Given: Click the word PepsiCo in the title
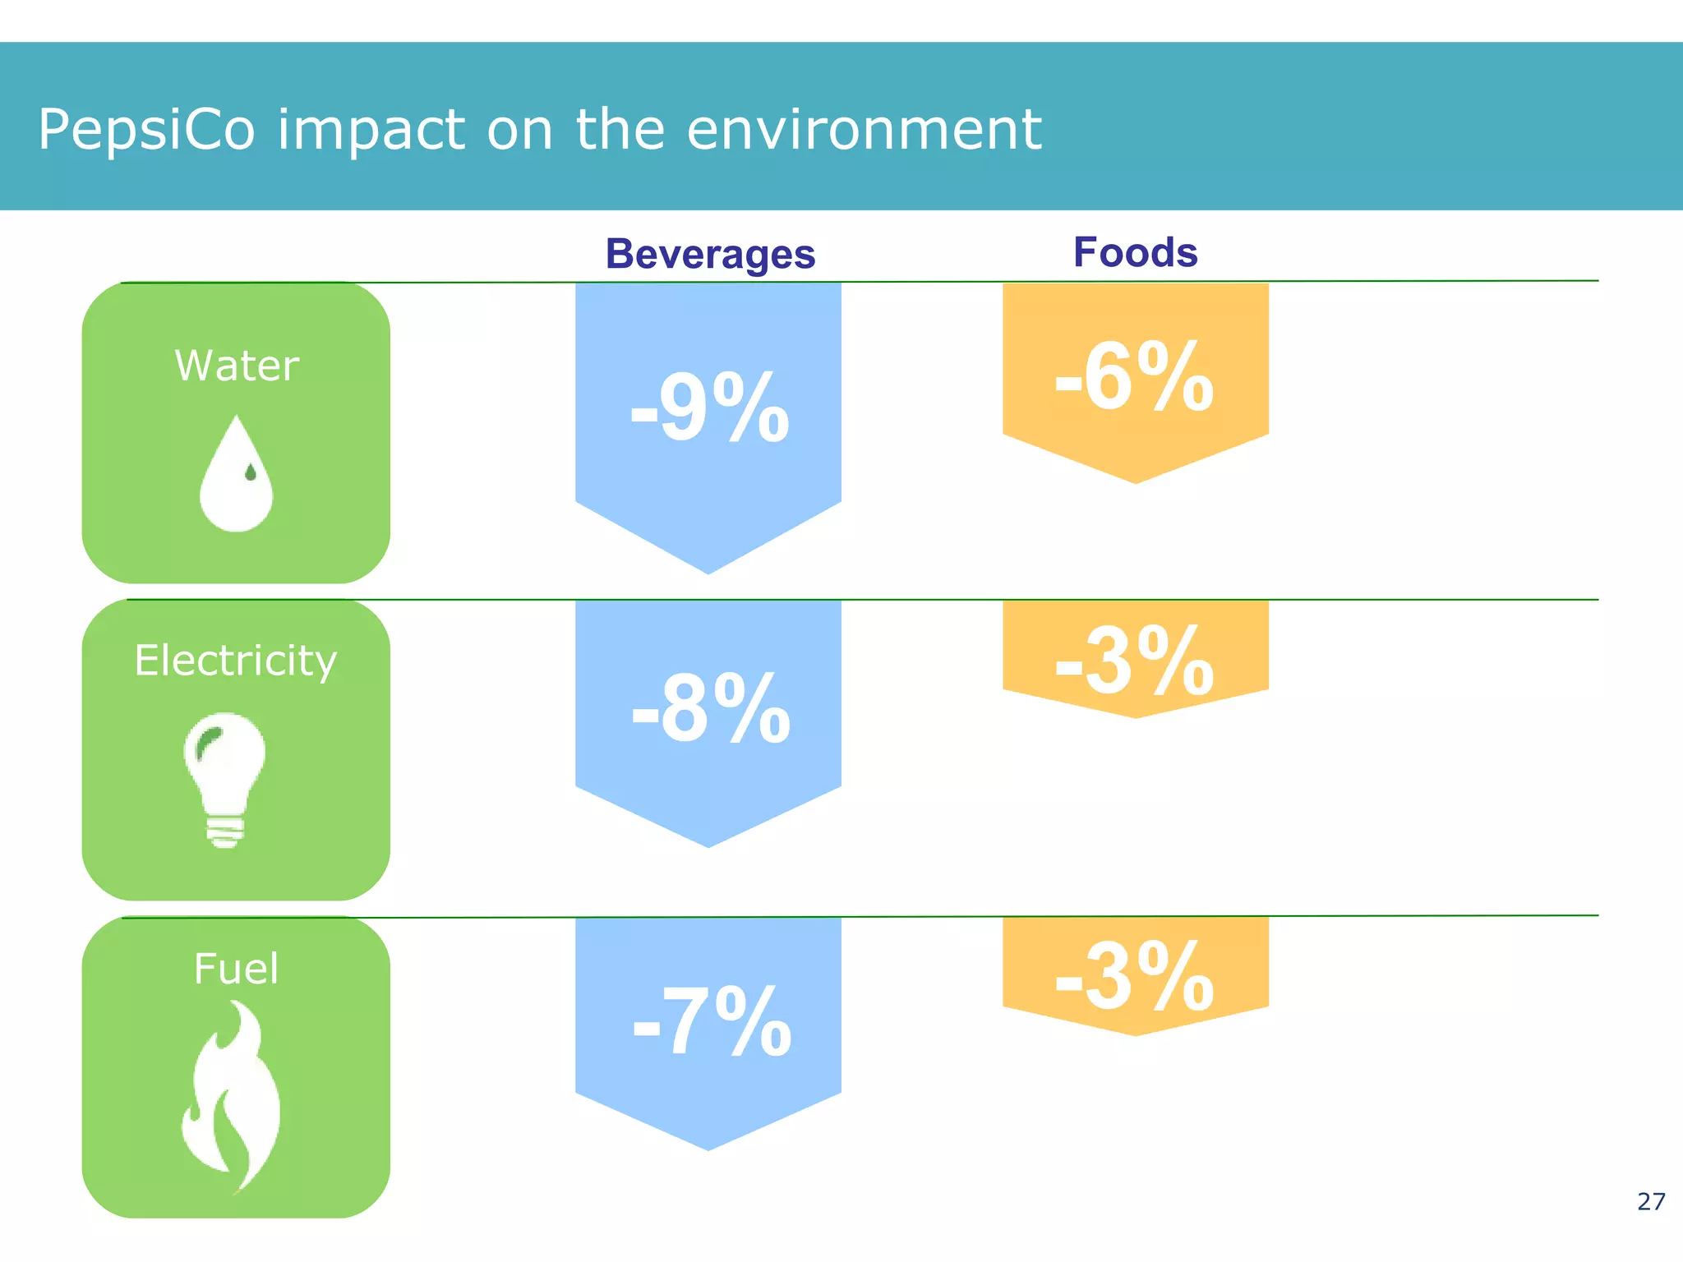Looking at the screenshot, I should (146, 130).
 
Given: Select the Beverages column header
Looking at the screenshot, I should (710, 254).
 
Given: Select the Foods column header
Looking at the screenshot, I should (1135, 252).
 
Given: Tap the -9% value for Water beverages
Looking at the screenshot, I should (709, 408).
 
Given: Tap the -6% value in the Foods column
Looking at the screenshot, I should (1134, 377).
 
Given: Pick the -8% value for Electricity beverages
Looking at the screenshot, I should (710, 709).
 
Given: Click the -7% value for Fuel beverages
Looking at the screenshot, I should (712, 1021).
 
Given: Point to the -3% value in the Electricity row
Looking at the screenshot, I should (1134, 661).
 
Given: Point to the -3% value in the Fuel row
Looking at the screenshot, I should (1134, 977).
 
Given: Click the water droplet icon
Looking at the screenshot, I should (237, 477).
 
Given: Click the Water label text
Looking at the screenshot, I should (237, 366).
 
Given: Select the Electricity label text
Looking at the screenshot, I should (236, 661).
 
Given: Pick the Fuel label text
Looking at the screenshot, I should (236, 969).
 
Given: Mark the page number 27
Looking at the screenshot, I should (1650, 1202).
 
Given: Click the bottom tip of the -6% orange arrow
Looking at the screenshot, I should (1136, 480).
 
